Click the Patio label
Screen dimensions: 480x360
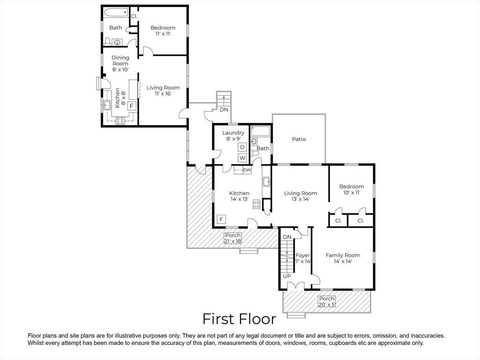299,139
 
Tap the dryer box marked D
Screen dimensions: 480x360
242,147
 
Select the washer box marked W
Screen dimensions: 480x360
242,158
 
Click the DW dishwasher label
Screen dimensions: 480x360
247,170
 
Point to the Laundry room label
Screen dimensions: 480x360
233,133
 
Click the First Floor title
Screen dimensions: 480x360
239,319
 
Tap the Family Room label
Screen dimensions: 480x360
343,255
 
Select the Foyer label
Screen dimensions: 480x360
302,255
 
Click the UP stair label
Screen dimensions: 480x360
287,276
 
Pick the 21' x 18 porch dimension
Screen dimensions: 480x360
233,241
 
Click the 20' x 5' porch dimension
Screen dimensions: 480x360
327,305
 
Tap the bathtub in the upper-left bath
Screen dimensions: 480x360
116,13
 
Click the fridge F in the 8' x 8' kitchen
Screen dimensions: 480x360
132,106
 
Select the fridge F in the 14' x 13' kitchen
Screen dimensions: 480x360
221,219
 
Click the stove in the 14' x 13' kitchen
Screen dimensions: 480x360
256,204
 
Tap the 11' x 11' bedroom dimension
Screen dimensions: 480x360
163,34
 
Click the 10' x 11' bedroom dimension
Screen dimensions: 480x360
352,193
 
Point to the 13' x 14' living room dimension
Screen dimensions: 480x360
300,199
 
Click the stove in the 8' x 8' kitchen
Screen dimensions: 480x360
120,121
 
